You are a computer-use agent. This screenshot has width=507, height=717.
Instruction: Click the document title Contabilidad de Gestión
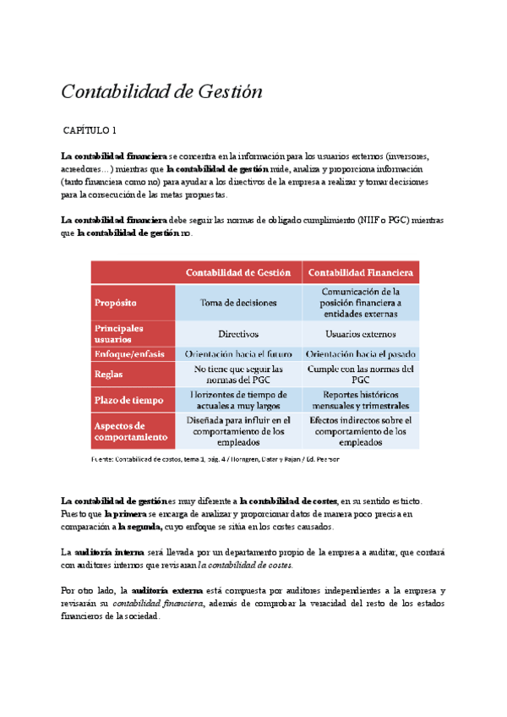click(161, 91)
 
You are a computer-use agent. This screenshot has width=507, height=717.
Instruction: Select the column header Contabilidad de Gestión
click(238, 272)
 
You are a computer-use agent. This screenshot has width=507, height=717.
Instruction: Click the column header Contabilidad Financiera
click(360, 272)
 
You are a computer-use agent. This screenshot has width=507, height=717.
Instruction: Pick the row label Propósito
click(117, 303)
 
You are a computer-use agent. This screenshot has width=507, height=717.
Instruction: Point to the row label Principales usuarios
click(119, 333)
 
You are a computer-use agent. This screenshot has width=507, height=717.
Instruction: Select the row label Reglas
click(110, 375)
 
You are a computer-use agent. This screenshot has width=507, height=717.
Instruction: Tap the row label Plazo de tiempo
click(129, 400)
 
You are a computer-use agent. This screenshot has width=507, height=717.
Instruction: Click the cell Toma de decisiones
click(238, 303)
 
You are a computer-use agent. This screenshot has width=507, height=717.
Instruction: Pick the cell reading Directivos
click(238, 334)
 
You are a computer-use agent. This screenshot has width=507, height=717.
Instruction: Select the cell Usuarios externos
click(360, 334)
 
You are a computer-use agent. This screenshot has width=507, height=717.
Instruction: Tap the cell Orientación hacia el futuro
click(238, 354)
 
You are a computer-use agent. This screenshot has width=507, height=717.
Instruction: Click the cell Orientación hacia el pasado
click(360, 354)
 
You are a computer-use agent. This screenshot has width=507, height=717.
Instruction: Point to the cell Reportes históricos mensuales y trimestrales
click(360, 400)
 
